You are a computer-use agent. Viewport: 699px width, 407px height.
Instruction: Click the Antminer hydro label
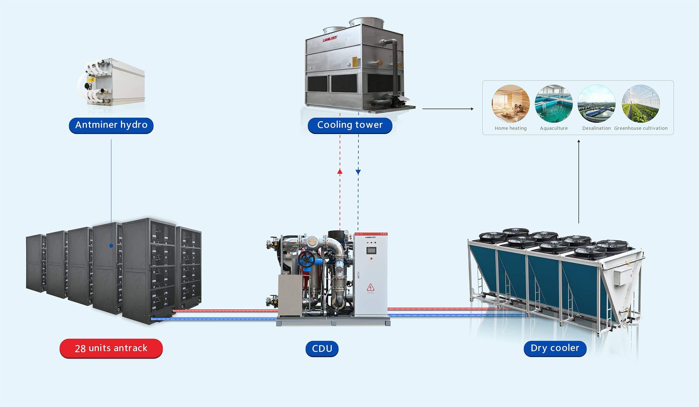pyautogui.click(x=111, y=125)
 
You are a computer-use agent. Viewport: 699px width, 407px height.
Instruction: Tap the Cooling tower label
pyautogui.click(x=350, y=125)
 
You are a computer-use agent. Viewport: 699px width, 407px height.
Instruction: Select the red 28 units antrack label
pyautogui.click(x=111, y=348)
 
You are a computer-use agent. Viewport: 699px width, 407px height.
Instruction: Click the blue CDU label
pyautogui.click(x=322, y=349)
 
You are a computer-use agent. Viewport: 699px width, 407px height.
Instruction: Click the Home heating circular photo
pyautogui.click(x=511, y=104)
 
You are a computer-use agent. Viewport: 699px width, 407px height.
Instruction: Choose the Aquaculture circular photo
pyautogui.click(x=554, y=104)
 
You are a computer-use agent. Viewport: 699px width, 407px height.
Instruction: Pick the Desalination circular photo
pyautogui.click(x=596, y=104)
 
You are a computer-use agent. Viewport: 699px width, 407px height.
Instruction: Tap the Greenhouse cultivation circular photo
pyautogui.click(x=641, y=104)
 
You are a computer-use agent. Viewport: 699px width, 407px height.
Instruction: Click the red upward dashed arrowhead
pyautogui.click(x=340, y=171)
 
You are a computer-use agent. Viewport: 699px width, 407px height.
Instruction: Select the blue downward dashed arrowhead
pyautogui.click(x=358, y=172)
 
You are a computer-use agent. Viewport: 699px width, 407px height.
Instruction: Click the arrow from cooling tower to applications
pyautogui.click(x=447, y=109)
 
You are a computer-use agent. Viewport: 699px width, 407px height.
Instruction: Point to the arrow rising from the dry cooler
pyautogui.click(x=579, y=181)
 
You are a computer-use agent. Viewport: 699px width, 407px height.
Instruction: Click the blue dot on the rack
pyautogui.click(x=111, y=246)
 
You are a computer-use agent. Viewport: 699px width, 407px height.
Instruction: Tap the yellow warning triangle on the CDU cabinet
pyautogui.click(x=371, y=287)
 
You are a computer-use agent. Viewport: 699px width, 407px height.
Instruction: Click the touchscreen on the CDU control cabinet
pyautogui.click(x=371, y=250)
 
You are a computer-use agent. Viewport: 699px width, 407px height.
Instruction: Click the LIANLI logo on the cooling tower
pyautogui.click(x=330, y=40)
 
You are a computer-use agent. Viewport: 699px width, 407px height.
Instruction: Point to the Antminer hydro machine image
pyautogui.click(x=111, y=82)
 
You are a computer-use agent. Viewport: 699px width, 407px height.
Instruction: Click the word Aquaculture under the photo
pyautogui.click(x=554, y=128)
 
